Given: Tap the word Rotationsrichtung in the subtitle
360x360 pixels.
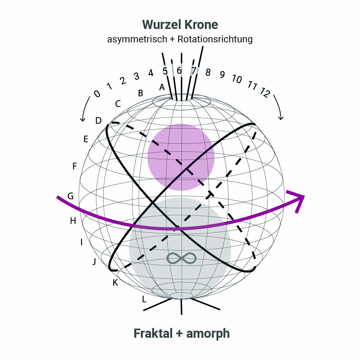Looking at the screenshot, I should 215,39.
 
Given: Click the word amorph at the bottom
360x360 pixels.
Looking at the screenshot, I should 208,333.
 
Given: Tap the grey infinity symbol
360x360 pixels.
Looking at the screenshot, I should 181,258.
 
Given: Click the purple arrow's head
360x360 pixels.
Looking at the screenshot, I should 298,198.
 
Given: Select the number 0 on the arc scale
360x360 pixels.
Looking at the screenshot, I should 97,94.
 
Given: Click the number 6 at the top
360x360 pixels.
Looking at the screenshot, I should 179,71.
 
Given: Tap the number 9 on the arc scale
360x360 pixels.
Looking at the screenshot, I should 222,74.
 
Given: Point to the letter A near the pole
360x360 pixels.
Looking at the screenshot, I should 162,87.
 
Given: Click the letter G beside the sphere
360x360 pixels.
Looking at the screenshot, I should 70,196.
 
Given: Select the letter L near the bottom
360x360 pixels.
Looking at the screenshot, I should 144,299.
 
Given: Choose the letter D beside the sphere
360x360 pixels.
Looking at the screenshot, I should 98,121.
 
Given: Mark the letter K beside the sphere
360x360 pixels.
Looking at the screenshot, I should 115,283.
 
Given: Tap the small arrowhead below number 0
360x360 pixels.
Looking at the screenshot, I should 82,119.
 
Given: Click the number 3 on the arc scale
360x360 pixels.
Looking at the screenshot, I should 136,76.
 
